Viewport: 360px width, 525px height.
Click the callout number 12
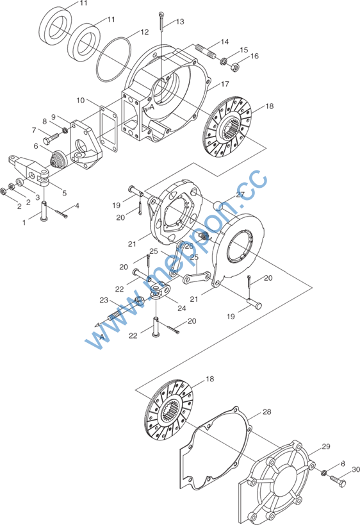pos(144,32)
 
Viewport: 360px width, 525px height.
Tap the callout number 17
pos(225,84)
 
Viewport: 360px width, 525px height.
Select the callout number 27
pos(241,194)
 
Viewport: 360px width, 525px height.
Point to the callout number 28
pos(266,412)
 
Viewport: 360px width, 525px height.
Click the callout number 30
pos(356,470)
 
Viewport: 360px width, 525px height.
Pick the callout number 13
pos(180,22)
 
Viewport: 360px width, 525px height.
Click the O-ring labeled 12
pos(113,59)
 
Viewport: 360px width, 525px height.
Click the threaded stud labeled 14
pos(206,51)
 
